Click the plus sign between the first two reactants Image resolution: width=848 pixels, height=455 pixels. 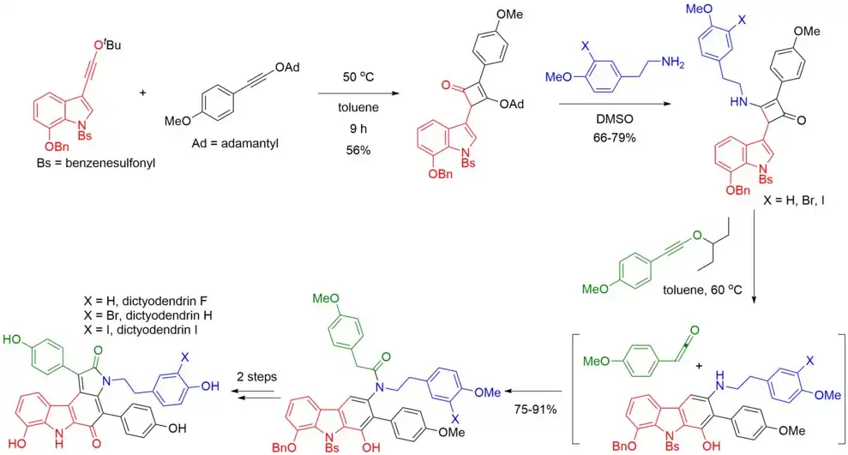coord(142,88)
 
